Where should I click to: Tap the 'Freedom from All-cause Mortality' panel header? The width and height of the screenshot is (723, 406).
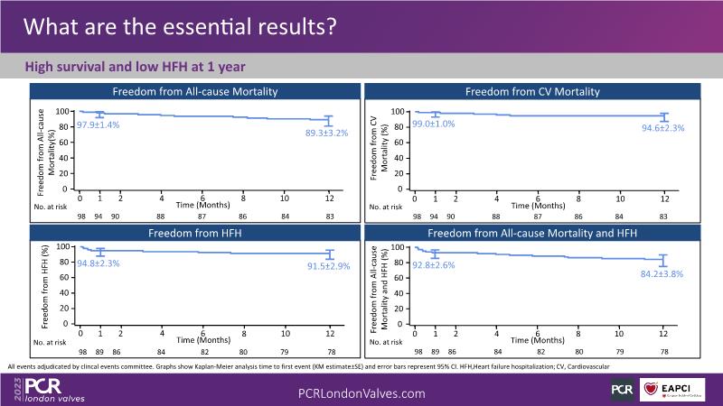pos(193,92)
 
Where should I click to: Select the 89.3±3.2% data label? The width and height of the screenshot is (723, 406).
pos(324,133)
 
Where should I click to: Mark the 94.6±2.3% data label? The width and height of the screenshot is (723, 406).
pos(662,128)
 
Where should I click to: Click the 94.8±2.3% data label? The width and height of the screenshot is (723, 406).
pos(98,263)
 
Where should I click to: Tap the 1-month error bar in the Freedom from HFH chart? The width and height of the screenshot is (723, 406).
pos(100,253)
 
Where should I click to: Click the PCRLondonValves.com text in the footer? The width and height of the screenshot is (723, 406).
pos(361,393)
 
